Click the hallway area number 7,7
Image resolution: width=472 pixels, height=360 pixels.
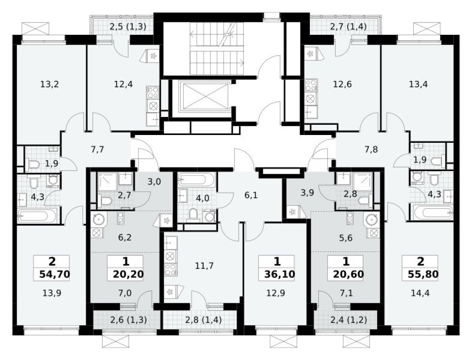pyautogui.click(x=97, y=149)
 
